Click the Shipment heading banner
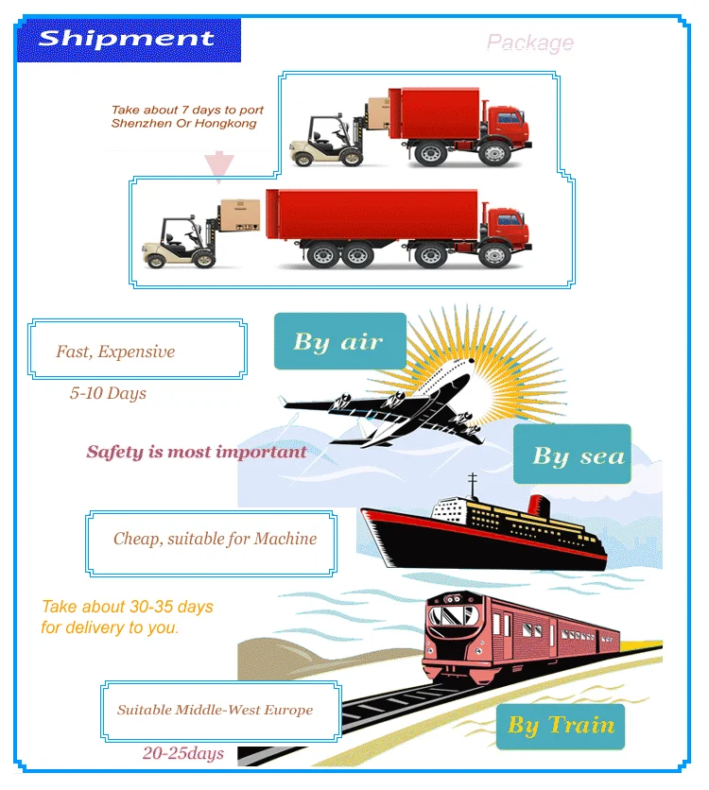pyautogui.click(x=128, y=40)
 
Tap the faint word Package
pyautogui.click(x=529, y=43)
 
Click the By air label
pyautogui.click(x=339, y=341)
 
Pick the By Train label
pyautogui.click(x=561, y=726)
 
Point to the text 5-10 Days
pyautogui.click(x=108, y=393)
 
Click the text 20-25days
pyautogui.click(x=183, y=753)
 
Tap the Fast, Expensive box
pyautogui.click(x=138, y=351)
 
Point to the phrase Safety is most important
pyautogui.click(x=197, y=452)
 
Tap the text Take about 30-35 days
pyautogui.click(x=128, y=607)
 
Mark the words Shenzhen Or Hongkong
pyautogui.click(x=184, y=124)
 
